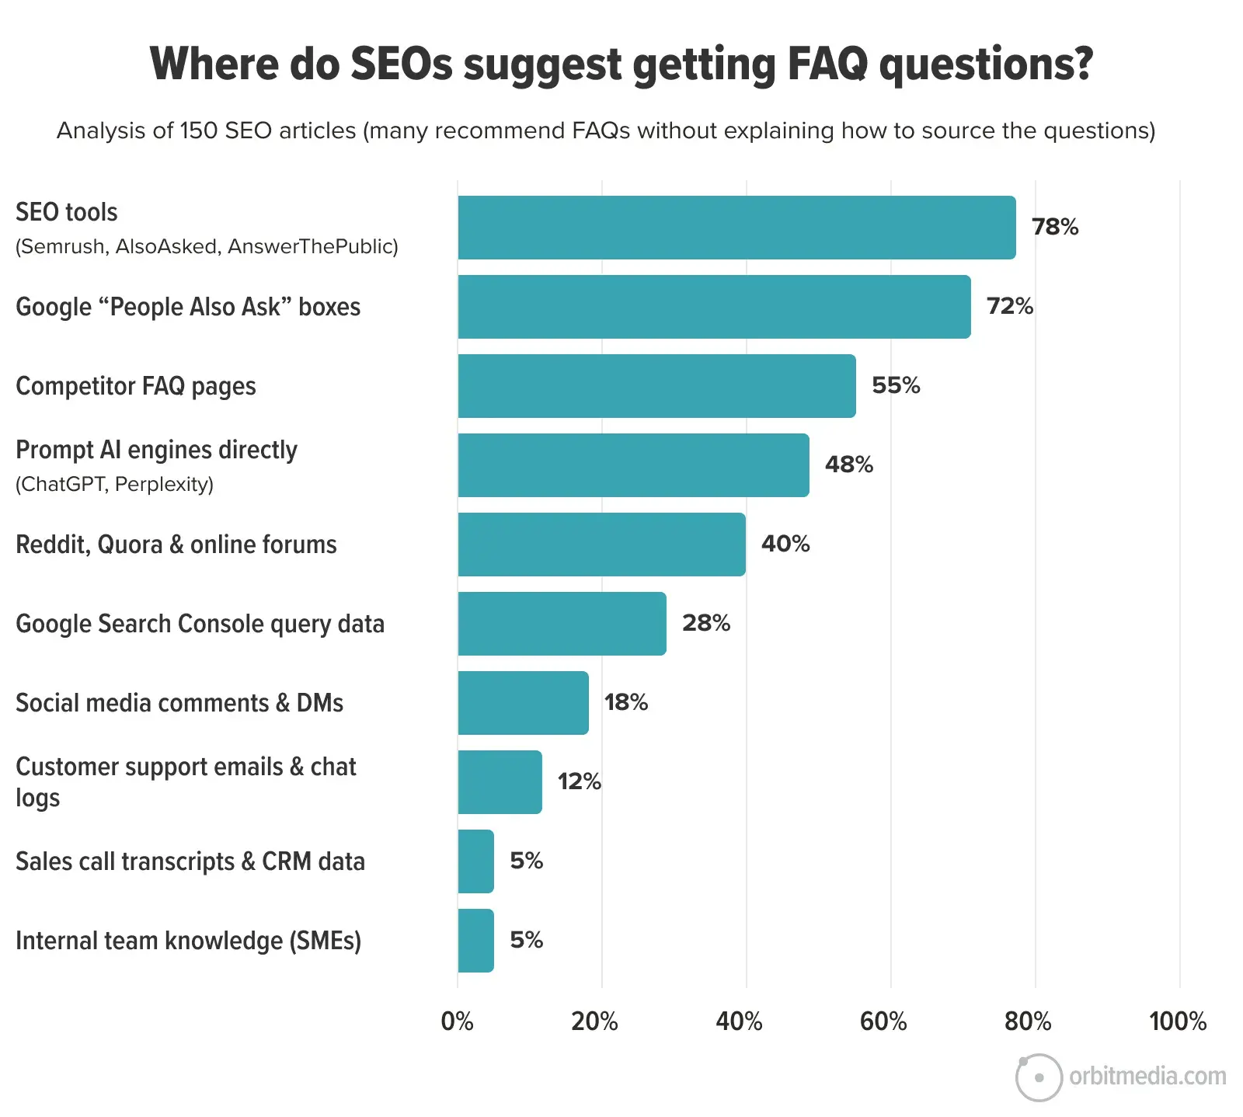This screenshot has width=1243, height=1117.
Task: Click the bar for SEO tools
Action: pyautogui.click(x=736, y=228)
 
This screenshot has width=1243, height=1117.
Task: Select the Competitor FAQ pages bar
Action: pyautogui.click(x=656, y=386)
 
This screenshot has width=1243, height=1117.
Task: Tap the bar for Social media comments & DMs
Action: pyautogui.click(x=523, y=703)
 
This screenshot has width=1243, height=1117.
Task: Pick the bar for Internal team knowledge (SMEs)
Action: pyautogui.click(x=475, y=941)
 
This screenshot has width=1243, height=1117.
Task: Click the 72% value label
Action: pyautogui.click(x=1009, y=306)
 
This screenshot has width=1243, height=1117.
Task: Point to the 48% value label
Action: pyautogui.click(x=848, y=465)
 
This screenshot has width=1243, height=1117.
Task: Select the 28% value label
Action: pyautogui.click(x=705, y=623)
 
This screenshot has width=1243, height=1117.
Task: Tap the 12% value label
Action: pyautogui.click(x=579, y=781)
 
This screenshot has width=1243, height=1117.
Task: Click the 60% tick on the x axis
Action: pyautogui.click(x=883, y=1021)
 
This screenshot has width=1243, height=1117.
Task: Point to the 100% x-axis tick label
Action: pyautogui.click(x=1177, y=1021)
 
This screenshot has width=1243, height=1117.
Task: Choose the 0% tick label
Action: pyautogui.click(x=457, y=1021)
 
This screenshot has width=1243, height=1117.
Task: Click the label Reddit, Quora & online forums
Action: pyautogui.click(x=176, y=545)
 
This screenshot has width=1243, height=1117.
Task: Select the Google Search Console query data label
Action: pyautogui.click(x=200, y=624)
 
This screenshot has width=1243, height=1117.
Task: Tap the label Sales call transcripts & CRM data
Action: pyautogui.click(x=190, y=861)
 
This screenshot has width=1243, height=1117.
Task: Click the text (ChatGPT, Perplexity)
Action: pyautogui.click(x=114, y=484)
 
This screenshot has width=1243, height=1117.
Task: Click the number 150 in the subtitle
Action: pyautogui.click(x=199, y=130)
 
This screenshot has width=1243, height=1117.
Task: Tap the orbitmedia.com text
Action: pyautogui.click(x=1147, y=1076)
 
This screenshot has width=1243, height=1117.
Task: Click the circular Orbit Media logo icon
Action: pyautogui.click(x=1038, y=1077)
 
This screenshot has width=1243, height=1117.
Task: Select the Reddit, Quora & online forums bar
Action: pyautogui.click(x=601, y=545)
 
